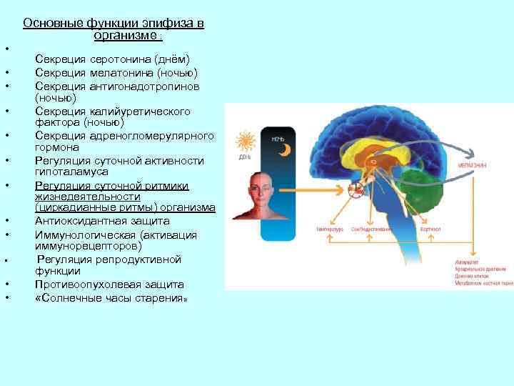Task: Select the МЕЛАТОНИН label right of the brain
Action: tap(473, 165)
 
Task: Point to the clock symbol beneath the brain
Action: tap(355, 189)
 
